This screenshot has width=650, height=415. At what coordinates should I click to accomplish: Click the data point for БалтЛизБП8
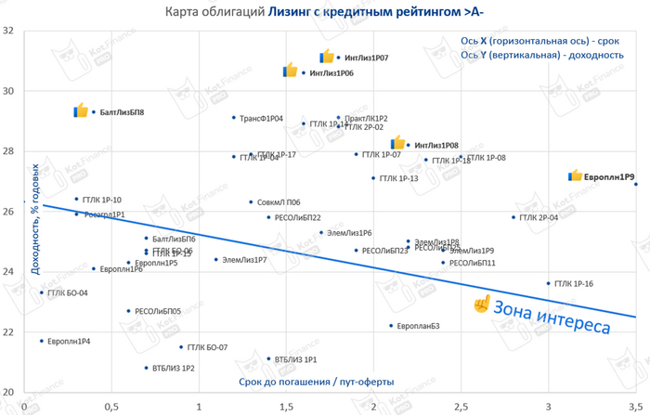pyautogui.click(x=94, y=112)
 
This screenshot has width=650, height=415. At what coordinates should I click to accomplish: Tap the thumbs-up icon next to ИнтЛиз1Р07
pyautogui.click(x=327, y=57)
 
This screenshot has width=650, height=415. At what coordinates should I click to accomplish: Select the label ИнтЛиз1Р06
pyautogui.click(x=331, y=72)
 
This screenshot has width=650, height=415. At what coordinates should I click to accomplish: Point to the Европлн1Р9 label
pyautogui.click(x=603, y=175)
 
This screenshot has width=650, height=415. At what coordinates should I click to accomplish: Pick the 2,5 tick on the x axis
pyautogui.click(x=461, y=406)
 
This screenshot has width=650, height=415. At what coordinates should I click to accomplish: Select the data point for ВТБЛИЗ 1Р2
pyautogui.click(x=146, y=368)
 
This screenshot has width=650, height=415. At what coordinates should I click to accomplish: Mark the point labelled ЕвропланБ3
pyautogui.click(x=391, y=326)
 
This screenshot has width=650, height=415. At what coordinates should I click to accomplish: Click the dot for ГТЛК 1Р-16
pyautogui.click(x=548, y=283)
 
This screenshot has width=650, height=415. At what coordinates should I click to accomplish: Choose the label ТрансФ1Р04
pyautogui.click(x=261, y=119)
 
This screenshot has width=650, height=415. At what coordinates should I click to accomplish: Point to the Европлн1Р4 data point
pyautogui.click(x=41, y=341)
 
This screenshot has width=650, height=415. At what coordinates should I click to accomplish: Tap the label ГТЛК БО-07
pyautogui.click(x=207, y=347)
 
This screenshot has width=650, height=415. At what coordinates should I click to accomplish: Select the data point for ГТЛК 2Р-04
pyautogui.click(x=513, y=217)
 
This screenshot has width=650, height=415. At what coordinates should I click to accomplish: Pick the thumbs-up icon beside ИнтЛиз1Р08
pyautogui.click(x=397, y=143)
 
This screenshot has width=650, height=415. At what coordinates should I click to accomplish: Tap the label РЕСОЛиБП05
pyautogui.click(x=158, y=311)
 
